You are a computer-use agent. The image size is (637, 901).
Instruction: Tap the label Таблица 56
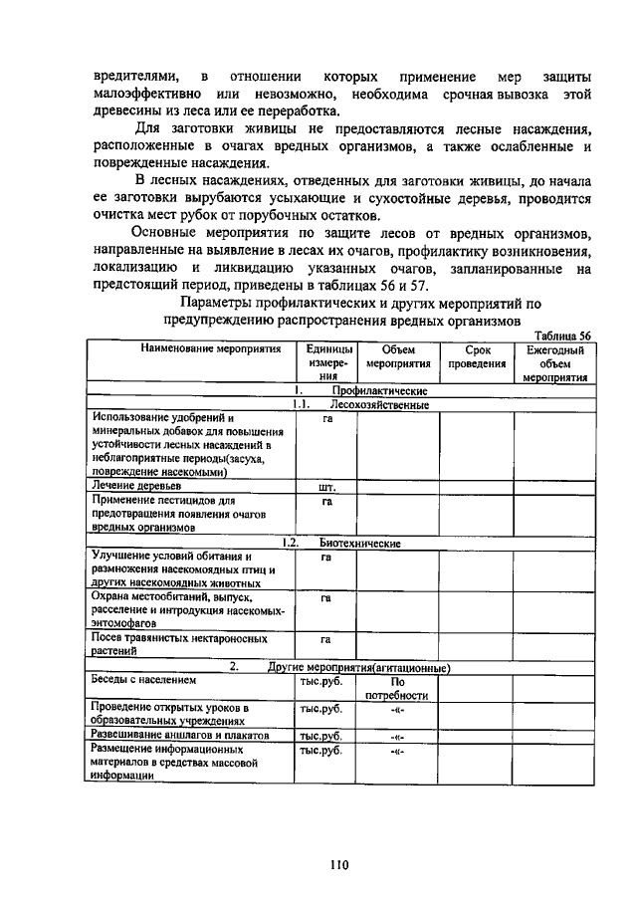pyautogui.click(x=563, y=336)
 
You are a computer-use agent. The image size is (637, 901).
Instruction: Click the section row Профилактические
pyautogui.click(x=379, y=391)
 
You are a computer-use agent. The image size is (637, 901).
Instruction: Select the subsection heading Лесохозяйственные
pyautogui.click(x=379, y=405)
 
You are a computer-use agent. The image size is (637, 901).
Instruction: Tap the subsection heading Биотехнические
pyautogui.click(x=359, y=544)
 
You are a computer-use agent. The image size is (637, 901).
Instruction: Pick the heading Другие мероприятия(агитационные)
pyautogui.click(x=359, y=667)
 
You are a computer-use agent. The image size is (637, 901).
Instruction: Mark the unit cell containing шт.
pyautogui.click(x=325, y=488)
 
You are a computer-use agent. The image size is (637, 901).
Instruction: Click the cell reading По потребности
pyautogui.click(x=397, y=688)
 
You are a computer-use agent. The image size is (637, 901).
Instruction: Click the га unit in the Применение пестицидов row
pyautogui.click(x=325, y=502)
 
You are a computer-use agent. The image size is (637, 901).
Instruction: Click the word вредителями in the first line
pyautogui.click(x=136, y=77)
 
